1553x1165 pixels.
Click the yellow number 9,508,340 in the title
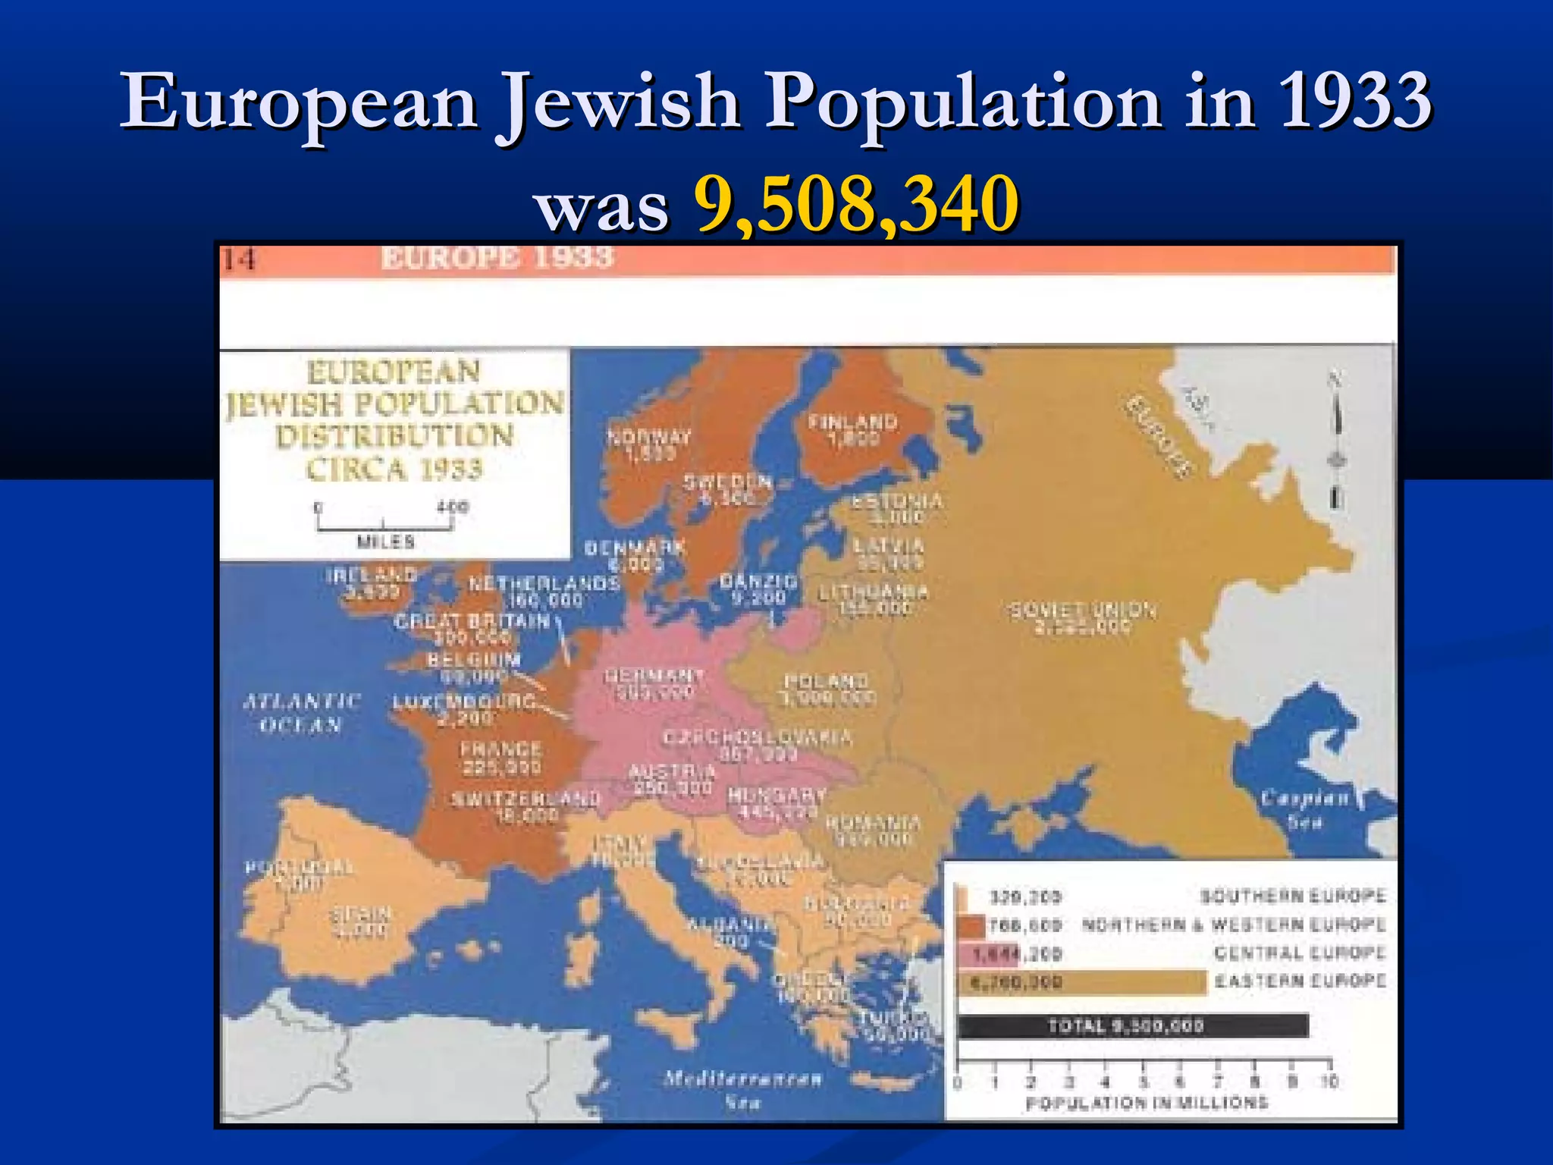pos(856,203)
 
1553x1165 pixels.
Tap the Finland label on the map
pos(853,429)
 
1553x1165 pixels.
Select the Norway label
pos(649,444)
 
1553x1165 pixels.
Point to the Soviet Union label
pos(1083,617)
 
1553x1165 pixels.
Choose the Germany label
pos(654,683)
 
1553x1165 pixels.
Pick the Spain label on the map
pos(361,921)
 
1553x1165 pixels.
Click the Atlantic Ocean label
pos(301,712)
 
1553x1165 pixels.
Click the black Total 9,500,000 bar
pos(1133,1026)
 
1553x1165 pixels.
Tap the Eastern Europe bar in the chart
pos(1081,983)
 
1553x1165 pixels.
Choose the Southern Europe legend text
pos(1293,896)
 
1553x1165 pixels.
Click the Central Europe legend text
pos(1300,953)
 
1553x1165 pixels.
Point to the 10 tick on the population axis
pos(1329,1082)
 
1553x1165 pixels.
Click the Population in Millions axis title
pos(1147,1103)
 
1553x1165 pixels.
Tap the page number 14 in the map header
pos(239,259)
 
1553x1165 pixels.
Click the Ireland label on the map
pos(372,582)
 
